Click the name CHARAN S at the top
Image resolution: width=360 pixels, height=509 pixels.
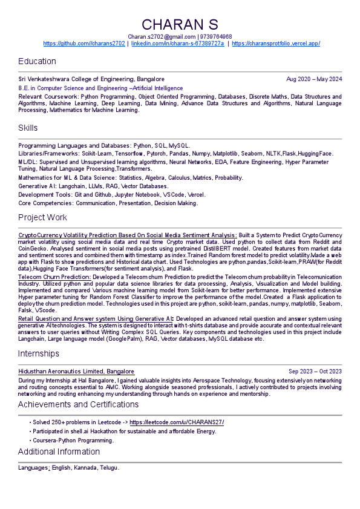pyautogui.click(x=180, y=24)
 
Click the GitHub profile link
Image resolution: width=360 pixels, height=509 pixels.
pyautogui.click(x=84, y=44)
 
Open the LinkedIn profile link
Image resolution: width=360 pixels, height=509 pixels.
pyautogui.click(x=177, y=44)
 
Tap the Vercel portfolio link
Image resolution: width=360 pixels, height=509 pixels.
pyautogui.click(x=276, y=44)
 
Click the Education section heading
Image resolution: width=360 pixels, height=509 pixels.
pyautogui.click(x=37, y=61)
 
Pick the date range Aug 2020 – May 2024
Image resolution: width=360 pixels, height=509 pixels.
pyautogui.click(x=314, y=79)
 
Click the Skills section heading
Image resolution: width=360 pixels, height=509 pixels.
pyautogui.click(x=28, y=128)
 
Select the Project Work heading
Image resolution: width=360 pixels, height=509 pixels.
pyautogui.click(x=42, y=217)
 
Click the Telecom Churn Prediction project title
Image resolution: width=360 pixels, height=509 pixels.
pyautogui.click(x=54, y=277)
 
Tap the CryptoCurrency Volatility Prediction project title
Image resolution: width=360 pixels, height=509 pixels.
pyautogui.click(x=128, y=235)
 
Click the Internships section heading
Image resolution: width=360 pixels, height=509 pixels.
pyautogui.click(x=39, y=353)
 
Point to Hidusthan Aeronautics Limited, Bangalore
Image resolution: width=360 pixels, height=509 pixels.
pyautogui.click(x=76, y=372)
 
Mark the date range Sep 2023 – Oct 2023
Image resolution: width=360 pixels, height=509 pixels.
pyautogui.click(x=315, y=372)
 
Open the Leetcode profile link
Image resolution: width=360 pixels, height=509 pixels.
pyautogui.click(x=177, y=422)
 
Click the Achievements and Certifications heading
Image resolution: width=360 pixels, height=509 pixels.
pyautogui.click(x=78, y=404)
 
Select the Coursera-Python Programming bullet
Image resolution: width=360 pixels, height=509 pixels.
pyautogui.click(x=73, y=440)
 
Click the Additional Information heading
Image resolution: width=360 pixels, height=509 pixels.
pyautogui.click(x=59, y=452)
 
